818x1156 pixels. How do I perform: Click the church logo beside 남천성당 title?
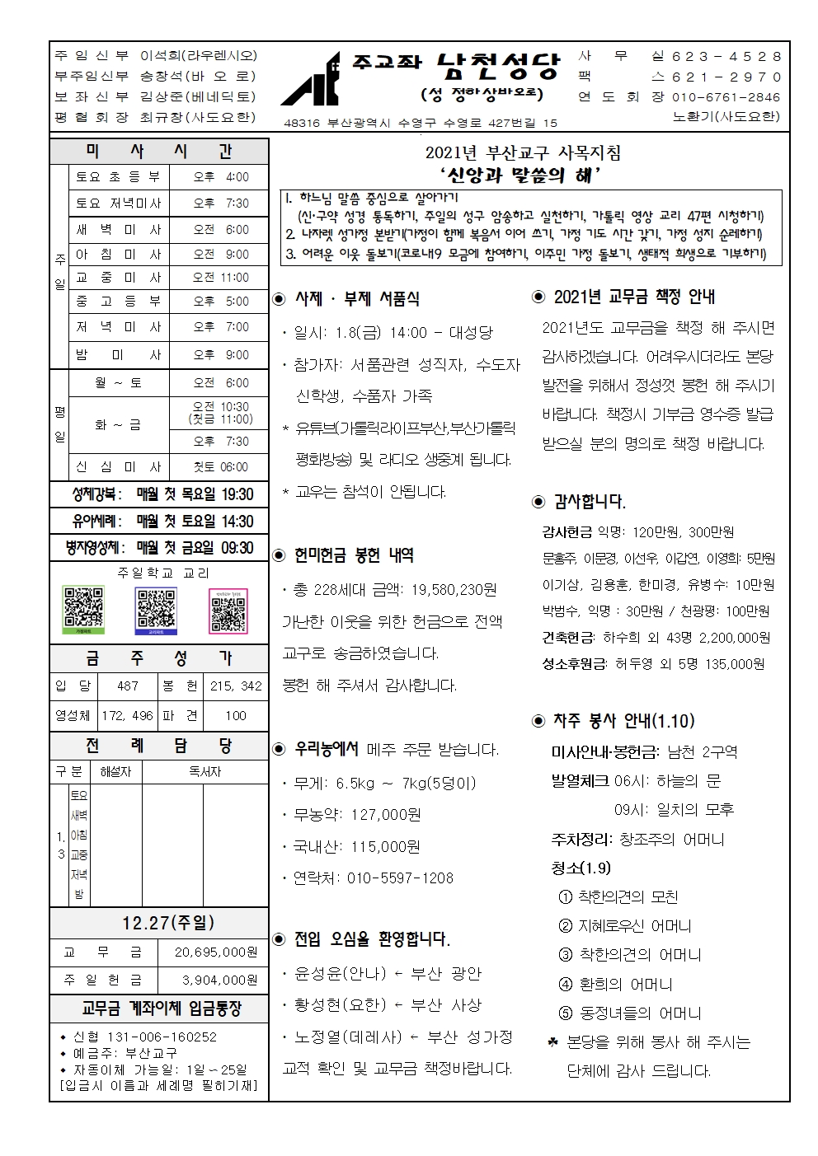click(x=311, y=81)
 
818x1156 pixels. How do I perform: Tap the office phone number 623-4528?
click(x=726, y=56)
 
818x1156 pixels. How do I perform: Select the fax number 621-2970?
click(x=726, y=77)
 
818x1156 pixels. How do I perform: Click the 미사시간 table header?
click(x=159, y=151)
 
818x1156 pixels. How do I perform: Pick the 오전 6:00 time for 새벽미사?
click(x=220, y=230)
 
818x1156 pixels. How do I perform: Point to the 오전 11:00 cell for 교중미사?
click(x=220, y=278)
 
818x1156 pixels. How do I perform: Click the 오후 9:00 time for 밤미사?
click(x=220, y=355)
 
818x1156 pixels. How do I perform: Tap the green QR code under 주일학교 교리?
click(x=83, y=610)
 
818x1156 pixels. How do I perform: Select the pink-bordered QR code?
click(x=228, y=611)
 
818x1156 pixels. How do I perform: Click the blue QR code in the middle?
click(x=156, y=611)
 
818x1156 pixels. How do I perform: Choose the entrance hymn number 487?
click(x=128, y=686)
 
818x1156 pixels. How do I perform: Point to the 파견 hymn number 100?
click(x=236, y=715)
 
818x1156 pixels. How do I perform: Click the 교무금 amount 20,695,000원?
click(x=216, y=952)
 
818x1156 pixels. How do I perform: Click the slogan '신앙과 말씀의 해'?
click(x=522, y=175)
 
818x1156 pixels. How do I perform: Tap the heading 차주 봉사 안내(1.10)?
click(x=623, y=721)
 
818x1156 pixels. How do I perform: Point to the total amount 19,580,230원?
click(x=453, y=589)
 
